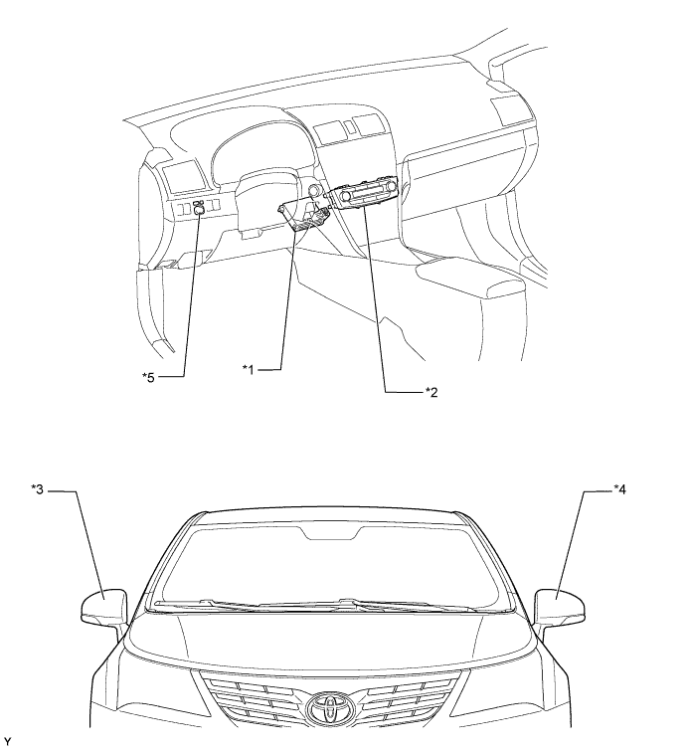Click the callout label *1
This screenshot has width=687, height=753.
coord(248,369)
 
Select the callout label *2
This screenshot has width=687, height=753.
coord(431,392)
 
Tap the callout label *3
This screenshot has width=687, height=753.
coord(37,489)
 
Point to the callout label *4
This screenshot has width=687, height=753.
coord(619,489)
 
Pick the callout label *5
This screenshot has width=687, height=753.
coord(148,377)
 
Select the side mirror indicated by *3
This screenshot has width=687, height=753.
coord(104,608)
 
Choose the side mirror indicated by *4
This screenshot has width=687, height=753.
coord(560,607)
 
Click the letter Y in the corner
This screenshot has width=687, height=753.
coord(7,743)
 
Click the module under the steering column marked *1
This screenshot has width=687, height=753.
coord(304,216)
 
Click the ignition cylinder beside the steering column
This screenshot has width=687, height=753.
coord(315,191)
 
